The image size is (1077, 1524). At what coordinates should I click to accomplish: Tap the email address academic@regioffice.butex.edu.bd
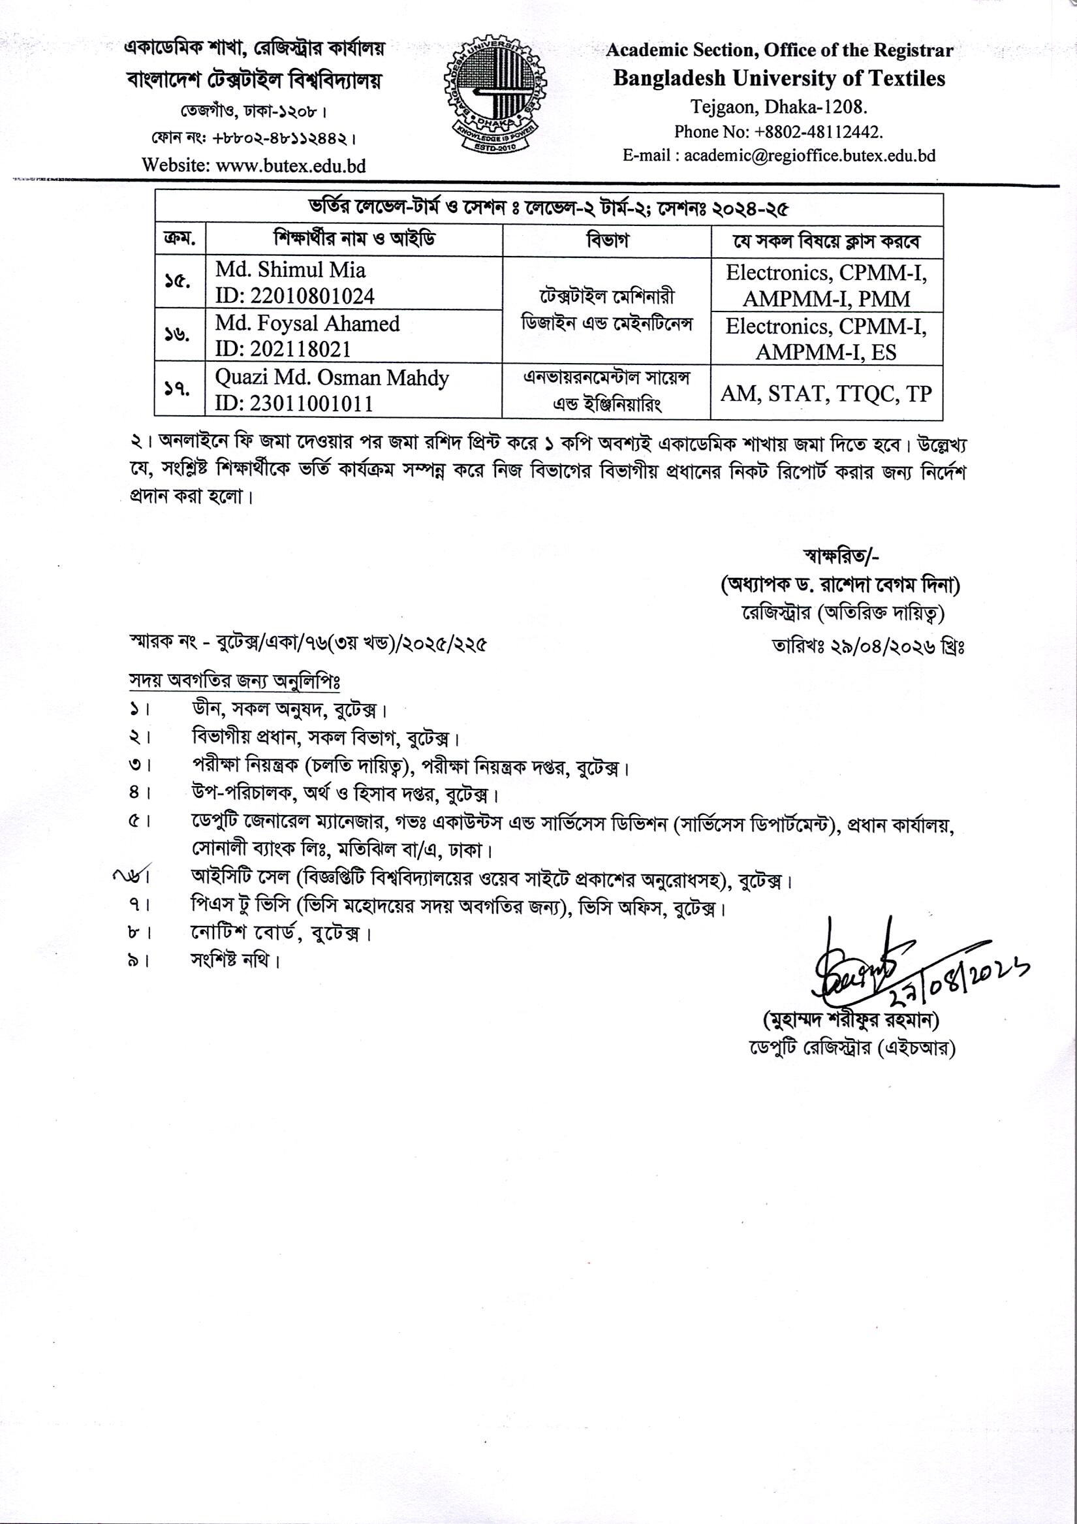click(x=809, y=155)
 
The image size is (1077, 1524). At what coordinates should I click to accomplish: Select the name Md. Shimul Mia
click(x=290, y=270)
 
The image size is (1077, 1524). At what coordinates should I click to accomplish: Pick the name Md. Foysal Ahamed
click(x=307, y=323)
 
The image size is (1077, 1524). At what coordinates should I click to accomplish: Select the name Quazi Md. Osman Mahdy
click(x=332, y=377)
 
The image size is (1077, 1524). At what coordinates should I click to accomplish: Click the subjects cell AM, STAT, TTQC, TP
click(x=826, y=394)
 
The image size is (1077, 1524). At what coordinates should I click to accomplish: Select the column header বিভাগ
click(x=606, y=240)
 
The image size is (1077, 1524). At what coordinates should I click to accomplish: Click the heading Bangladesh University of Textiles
click(x=779, y=78)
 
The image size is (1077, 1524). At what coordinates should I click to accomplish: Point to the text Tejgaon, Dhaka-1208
click(x=779, y=106)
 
